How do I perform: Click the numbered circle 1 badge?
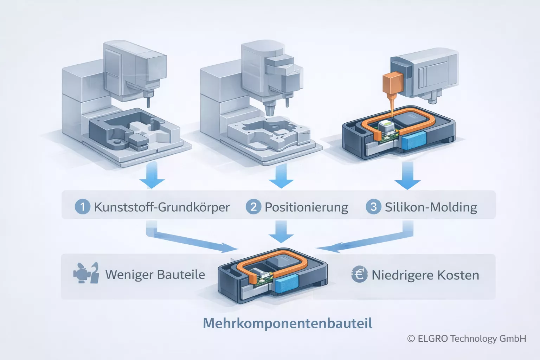[x=83, y=206]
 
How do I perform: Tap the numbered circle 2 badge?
[x=253, y=206]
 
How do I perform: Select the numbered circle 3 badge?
[x=373, y=206]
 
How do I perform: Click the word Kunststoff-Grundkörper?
[x=162, y=207]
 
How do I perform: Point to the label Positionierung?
[x=306, y=207]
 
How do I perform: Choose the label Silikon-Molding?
[x=431, y=207]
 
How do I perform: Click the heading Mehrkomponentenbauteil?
[x=288, y=323]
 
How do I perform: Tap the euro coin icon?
[x=359, y=274]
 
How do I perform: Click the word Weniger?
[x=128, y=275]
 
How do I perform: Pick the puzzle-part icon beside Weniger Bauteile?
[x=86, y=273]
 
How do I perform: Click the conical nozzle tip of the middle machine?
[x=269, y=109]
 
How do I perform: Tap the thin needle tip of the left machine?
[x=148, y=102]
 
